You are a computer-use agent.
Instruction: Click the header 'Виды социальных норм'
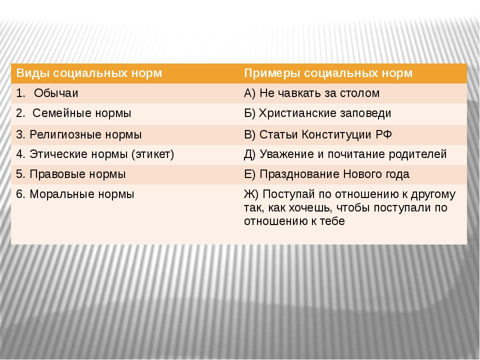(89, 73)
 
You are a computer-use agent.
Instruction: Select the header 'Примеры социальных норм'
(328, 73)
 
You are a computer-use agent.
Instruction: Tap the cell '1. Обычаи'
(47, 93)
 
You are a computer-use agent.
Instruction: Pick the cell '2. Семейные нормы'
(73, 113)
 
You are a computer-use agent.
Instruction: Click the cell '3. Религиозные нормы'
(79, 134)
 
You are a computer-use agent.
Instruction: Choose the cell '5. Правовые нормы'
(71, 174)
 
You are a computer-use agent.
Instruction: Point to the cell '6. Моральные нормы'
(75, 194)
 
